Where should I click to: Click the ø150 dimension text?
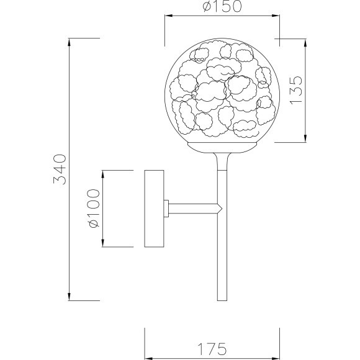pos(222,8)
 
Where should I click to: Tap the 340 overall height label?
pos(60,169)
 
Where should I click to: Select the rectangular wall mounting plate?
pos(154,208)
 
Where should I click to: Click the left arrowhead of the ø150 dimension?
pos(167,16)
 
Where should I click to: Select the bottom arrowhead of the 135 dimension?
pos(305,138)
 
